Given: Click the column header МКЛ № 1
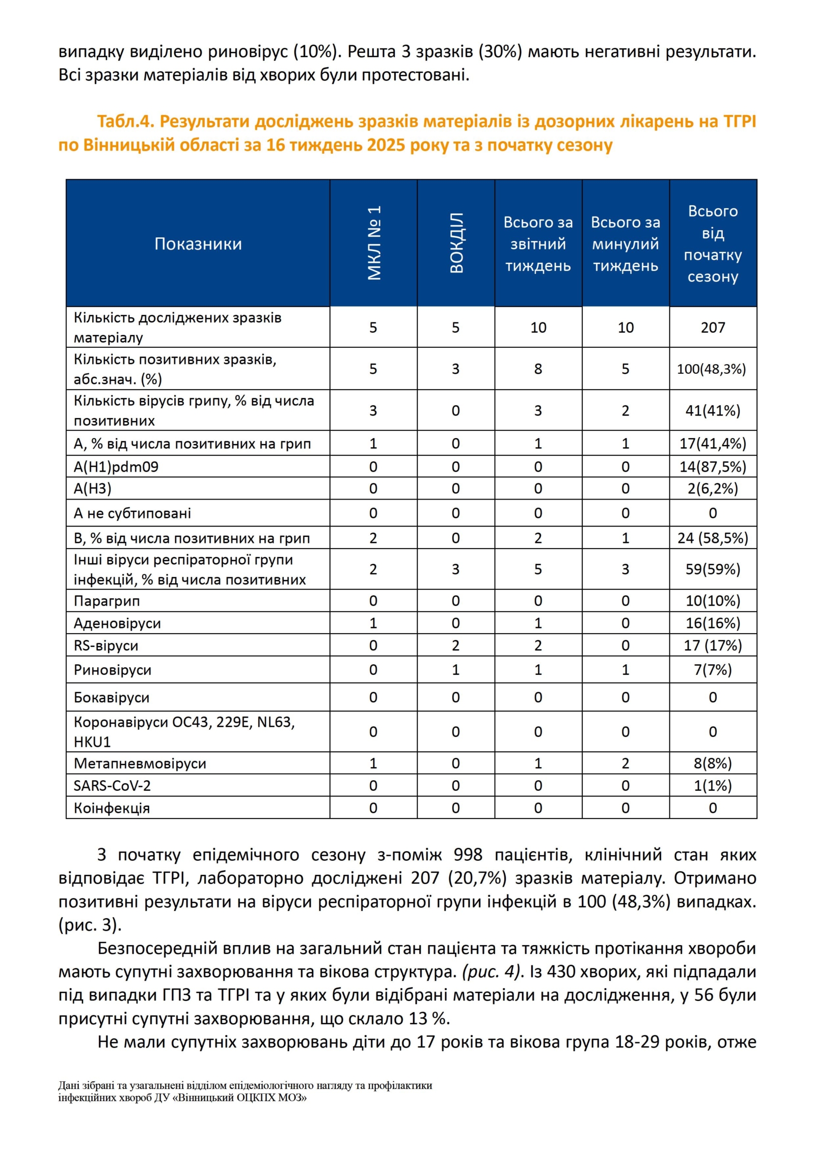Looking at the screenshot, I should (374, 243).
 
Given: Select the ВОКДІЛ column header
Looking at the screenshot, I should (456, 243).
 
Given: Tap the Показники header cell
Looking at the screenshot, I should (198, 244).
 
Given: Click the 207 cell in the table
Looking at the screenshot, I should (713, 327).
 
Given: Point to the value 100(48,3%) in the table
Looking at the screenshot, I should (711, 369).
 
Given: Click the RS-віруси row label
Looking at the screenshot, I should (106, 646).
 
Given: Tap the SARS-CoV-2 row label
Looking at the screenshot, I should (112, 786).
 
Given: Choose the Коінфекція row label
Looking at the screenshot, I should (112, 808).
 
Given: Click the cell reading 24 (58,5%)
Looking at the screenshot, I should (713, 538).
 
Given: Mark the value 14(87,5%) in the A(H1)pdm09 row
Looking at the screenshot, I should (713, 467).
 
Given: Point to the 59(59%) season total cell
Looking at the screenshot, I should (713, 569).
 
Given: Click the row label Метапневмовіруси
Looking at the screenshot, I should (140, 763).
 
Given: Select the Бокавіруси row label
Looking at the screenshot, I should (112, 698).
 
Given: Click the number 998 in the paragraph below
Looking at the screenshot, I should (468, 855).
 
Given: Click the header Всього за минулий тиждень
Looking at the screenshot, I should (625, 244).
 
